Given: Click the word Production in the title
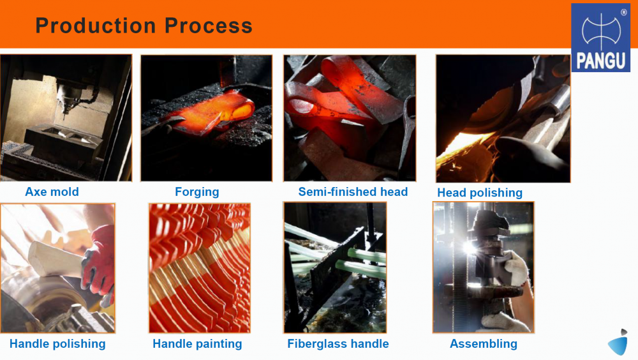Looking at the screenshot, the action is coord(96,26).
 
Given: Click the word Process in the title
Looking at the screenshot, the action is coord(209,26).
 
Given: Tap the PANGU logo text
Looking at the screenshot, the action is coord(600,61).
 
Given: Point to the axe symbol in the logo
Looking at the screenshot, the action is coord(601,31).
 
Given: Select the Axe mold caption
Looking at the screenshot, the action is coord(52,192).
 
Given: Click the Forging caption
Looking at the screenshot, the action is coord(197,192).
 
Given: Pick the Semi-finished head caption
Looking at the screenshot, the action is coord(353,192).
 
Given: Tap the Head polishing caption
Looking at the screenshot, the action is coord(480,193).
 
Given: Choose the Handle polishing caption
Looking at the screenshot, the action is coord(57,343).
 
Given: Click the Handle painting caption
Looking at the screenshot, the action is coord(197,343).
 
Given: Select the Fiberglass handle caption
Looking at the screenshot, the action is coord(338,343).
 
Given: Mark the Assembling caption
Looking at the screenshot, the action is coord(484,343).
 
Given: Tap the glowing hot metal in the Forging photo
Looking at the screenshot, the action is coord(212,112).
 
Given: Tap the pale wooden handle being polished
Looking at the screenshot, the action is coord(55,259).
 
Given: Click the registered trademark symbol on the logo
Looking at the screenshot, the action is coord(624,12).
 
